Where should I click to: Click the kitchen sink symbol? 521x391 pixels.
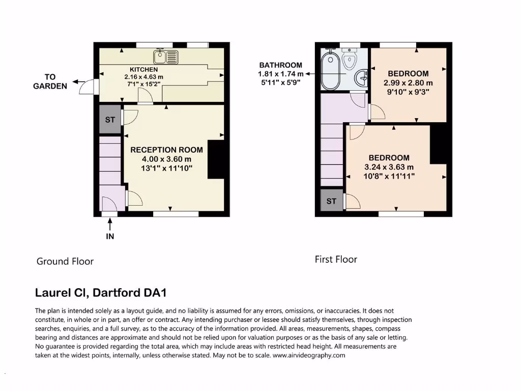(x=166, y=56)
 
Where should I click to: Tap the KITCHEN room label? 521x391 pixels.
(x=143, y=69)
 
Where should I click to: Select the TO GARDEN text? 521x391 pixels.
(x=50, y=81)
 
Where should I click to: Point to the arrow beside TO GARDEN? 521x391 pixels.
(x=78, y=81)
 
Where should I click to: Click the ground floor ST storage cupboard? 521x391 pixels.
(x=110, y=120)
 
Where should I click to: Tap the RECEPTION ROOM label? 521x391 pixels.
(x=166, y=150)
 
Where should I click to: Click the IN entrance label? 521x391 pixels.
(x=110, y=236)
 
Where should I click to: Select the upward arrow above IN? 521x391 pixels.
(x=110, y=223)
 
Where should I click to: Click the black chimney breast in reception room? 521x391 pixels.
(x=216, y=160)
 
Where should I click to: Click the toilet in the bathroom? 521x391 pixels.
(x=349, y=59)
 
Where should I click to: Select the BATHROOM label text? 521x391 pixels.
(x=280, y=65)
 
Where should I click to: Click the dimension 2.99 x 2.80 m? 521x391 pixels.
(x=408, y=82)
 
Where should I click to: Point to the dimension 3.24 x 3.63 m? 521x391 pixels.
(x=389, y=167)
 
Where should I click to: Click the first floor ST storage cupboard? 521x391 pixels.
(x=331, y=201)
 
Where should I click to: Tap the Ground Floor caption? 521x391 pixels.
(x=65, y=261)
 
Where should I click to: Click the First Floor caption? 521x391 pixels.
(x=336, y=259)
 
